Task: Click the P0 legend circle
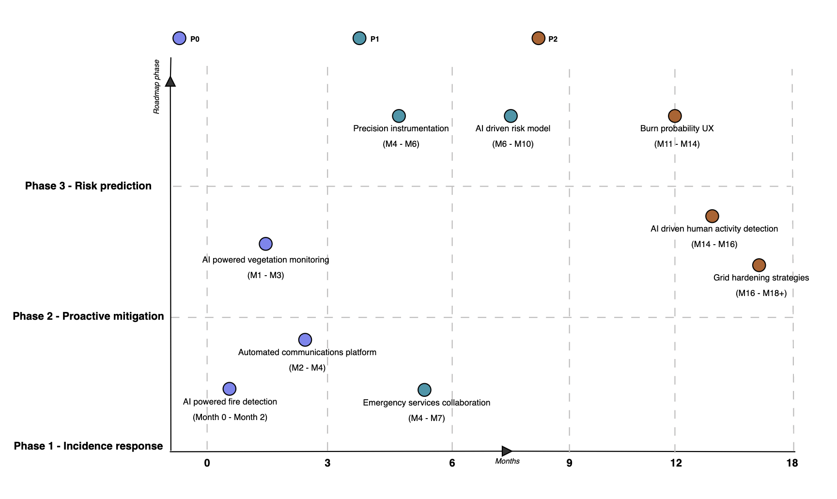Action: [179, 38]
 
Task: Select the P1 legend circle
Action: [359, 38]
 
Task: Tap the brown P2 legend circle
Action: [538, 38]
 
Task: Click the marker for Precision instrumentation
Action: [399, 116]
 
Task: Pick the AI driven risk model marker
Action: [511, 116]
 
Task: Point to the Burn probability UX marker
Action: [675, 116]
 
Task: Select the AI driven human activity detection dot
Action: [712, 216]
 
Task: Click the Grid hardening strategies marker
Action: [759, 265]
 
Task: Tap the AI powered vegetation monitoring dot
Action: [265, 244]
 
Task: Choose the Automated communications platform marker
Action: [305, 340]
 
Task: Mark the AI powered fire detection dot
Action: [230, 389]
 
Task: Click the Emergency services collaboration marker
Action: [424, 390]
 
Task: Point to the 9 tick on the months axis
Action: [569, 463]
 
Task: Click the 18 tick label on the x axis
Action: [792, 463]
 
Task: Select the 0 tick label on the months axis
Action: [207, 463]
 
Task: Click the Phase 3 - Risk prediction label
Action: [88, 186]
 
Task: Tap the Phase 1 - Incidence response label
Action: [88, 446]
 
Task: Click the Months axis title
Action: [507, 461]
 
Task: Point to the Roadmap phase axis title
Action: [156, 87]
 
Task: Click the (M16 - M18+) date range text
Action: [761, 293]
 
